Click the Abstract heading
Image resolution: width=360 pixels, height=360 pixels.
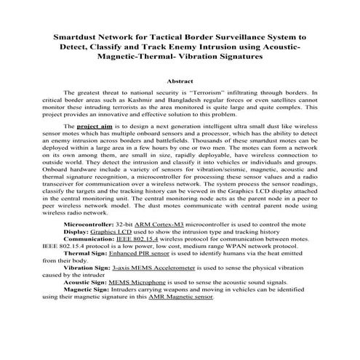pos(180,81)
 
